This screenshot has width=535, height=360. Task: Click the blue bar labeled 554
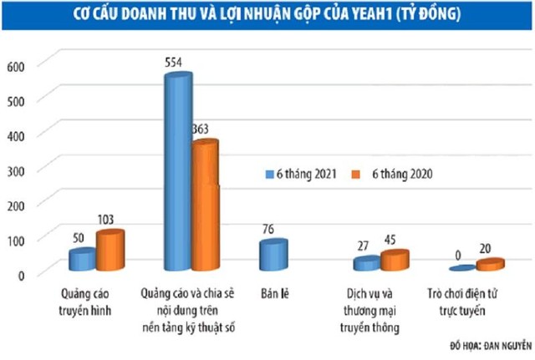178,171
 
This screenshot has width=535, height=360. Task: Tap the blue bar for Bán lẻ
274,256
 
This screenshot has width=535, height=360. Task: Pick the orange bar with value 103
110,251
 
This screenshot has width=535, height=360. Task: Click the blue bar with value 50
82,260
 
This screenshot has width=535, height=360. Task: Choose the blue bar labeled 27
366,264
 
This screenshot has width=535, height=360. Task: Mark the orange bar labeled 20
491,266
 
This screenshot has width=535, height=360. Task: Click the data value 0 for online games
459,251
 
